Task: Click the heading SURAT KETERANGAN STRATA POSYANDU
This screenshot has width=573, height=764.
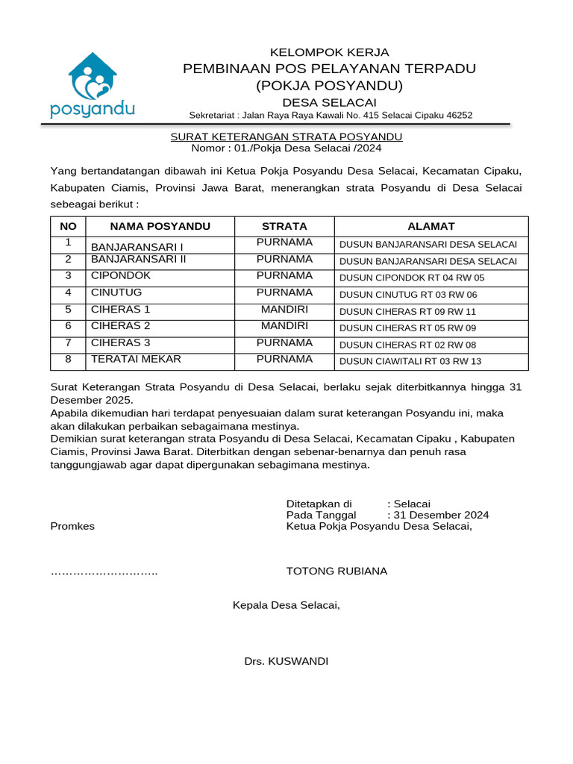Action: pyautogui.click(x=286, y=137)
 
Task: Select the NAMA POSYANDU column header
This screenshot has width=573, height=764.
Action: pyautogui.click(x=160, y=226)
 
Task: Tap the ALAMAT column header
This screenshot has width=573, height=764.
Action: pyautogui.click(x=430, y=226)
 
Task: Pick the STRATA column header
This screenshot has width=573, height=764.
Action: pyautogui.click(x=284, y=226)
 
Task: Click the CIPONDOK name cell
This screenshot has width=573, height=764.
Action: pyautogui.click(x=121, y=275)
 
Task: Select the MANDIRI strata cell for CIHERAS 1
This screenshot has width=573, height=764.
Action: pyautogui.click(x=284, y=309)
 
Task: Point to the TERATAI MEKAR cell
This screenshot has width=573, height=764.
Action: pyautogui.click(x=136, y=359)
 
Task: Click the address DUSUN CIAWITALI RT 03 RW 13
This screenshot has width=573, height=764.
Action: pyautogui.click(x=410, y=362)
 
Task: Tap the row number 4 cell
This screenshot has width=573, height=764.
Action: pyautogui.click(x=68, y=292)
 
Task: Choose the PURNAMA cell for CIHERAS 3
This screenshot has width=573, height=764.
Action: pyautogui.click(x=284, y=342)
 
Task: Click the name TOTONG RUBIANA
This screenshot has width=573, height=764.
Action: pyautogui.click(x=336, y=571)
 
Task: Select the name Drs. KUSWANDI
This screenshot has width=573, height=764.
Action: pyautogui.click(x=286, y=661)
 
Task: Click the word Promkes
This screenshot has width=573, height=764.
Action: pyautogui.click(x=72, y=526)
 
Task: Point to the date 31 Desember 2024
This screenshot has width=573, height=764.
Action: pyautogui.click(x=441, y=515)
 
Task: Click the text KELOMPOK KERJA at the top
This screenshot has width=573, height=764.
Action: pyautogui.click(x=329, y=52)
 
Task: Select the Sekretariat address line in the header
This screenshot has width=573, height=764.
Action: pyautogui.click(x=331, y=115)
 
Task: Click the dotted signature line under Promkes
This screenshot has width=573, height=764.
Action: pyautogui.click(x=104, y=572)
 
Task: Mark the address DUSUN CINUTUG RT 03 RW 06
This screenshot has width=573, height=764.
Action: pyautogui.click(x=408, y=295)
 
